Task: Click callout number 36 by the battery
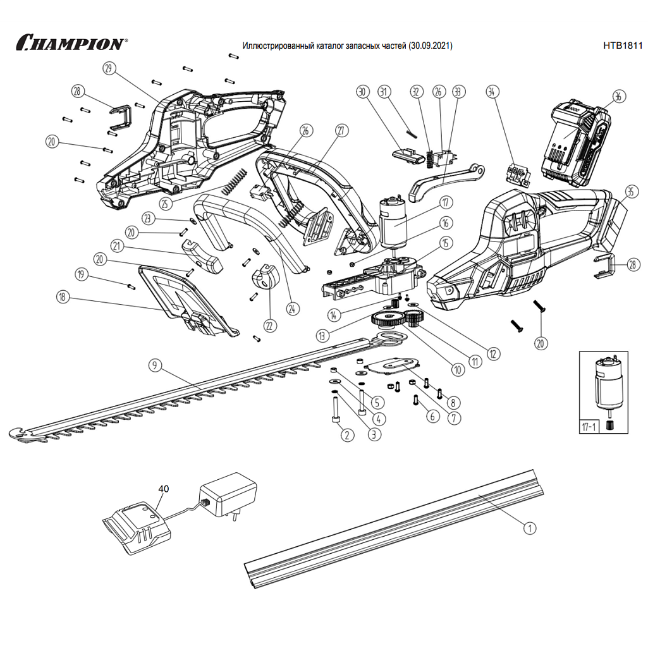coord(618,97)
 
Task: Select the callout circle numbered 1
coord(530,527)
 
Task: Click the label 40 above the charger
coord(164,489)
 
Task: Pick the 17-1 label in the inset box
coord(589,427)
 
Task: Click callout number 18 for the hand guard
coord(62,296)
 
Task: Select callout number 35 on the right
coord(630,192)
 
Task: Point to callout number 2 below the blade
coord(346,434)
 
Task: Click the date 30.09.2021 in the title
coord(430,46)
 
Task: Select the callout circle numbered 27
coord(341,131)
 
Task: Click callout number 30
coord(362,92)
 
